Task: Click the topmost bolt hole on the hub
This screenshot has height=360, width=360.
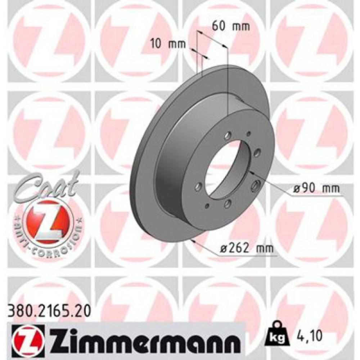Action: [228, 136]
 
